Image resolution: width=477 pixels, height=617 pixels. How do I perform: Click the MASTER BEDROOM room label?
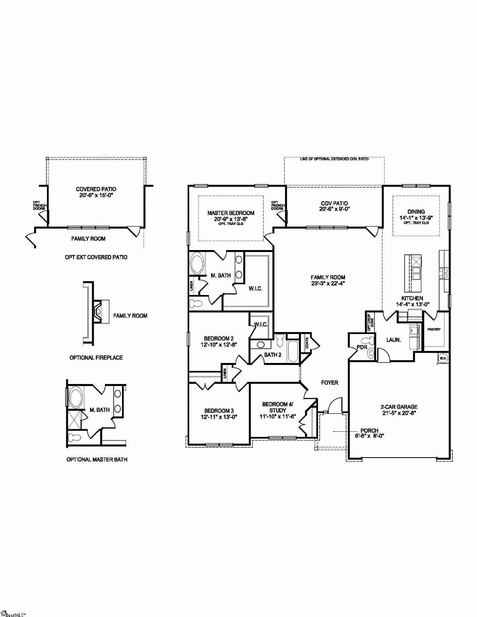[231, 213]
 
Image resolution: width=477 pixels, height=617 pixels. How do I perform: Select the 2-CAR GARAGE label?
[399, 407]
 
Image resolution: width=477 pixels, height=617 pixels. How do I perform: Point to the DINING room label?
[416, 212]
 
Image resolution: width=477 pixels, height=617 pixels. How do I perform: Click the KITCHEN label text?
[412, 298]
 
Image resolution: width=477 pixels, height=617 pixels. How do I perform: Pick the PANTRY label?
[434, 330]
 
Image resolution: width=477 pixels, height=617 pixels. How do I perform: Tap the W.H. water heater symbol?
[443, 359]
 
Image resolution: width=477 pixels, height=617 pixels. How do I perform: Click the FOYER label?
[330, 382]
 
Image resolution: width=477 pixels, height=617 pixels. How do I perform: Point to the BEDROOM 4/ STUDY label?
[277, 407]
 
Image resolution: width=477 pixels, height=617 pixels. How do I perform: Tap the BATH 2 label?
[273, 355]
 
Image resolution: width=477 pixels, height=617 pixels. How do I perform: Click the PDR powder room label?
[362, 347]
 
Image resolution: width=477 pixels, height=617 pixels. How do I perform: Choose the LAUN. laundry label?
[394, 340]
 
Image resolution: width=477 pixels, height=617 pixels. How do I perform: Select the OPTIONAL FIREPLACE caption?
[96, 357]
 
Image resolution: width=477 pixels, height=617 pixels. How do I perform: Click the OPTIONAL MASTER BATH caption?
[97, 459]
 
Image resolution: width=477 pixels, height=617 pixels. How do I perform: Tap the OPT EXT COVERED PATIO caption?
[96, 257]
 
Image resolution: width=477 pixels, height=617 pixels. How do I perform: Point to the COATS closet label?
[307, 343]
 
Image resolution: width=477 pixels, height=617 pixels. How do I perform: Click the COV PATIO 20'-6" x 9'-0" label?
[334, 206]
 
